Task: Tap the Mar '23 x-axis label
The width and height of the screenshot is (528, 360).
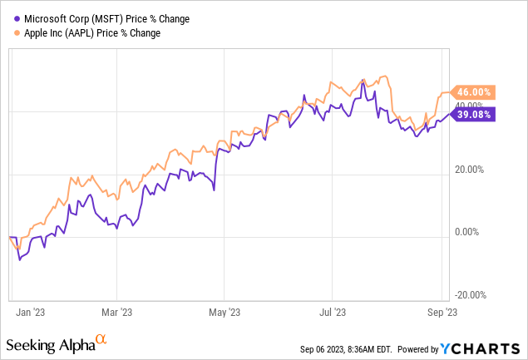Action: coord(116,313)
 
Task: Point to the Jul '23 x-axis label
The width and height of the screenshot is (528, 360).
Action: coord(333,313)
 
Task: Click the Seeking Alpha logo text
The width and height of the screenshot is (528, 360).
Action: coord(50,343)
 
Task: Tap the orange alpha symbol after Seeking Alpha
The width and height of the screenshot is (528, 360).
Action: coord(101,340)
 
